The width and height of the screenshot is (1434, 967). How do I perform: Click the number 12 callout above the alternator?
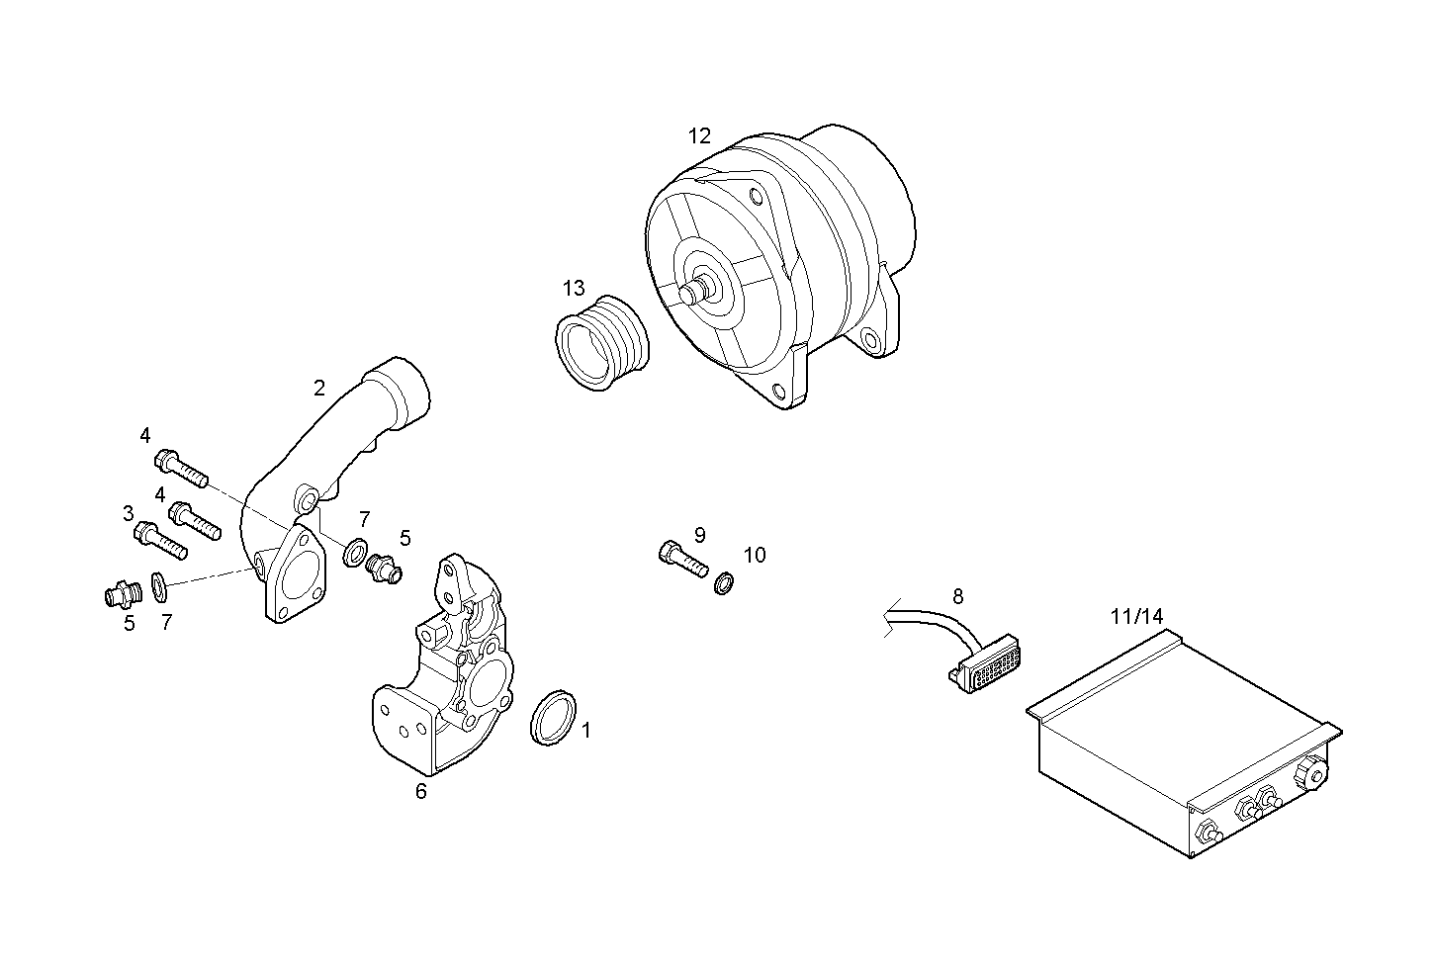[699, 136]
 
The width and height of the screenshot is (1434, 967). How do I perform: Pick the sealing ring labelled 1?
[555, 718]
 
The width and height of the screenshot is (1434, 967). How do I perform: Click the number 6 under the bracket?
[420, 791]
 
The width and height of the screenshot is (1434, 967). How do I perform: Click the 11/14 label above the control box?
[1136, 616]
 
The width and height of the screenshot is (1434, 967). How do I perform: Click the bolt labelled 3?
[159, 539]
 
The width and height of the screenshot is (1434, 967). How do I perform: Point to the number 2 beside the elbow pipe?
[319, 388]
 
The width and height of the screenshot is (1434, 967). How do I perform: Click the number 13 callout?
[574, 288]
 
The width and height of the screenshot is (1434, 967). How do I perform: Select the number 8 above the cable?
[957, 596]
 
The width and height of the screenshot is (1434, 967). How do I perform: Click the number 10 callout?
[755, 556]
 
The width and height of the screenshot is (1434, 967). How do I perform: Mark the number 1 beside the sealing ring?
[586, 731]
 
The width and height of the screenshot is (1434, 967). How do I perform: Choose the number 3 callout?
[129, 513]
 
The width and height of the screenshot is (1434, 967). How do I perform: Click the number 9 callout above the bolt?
[699, 535]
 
